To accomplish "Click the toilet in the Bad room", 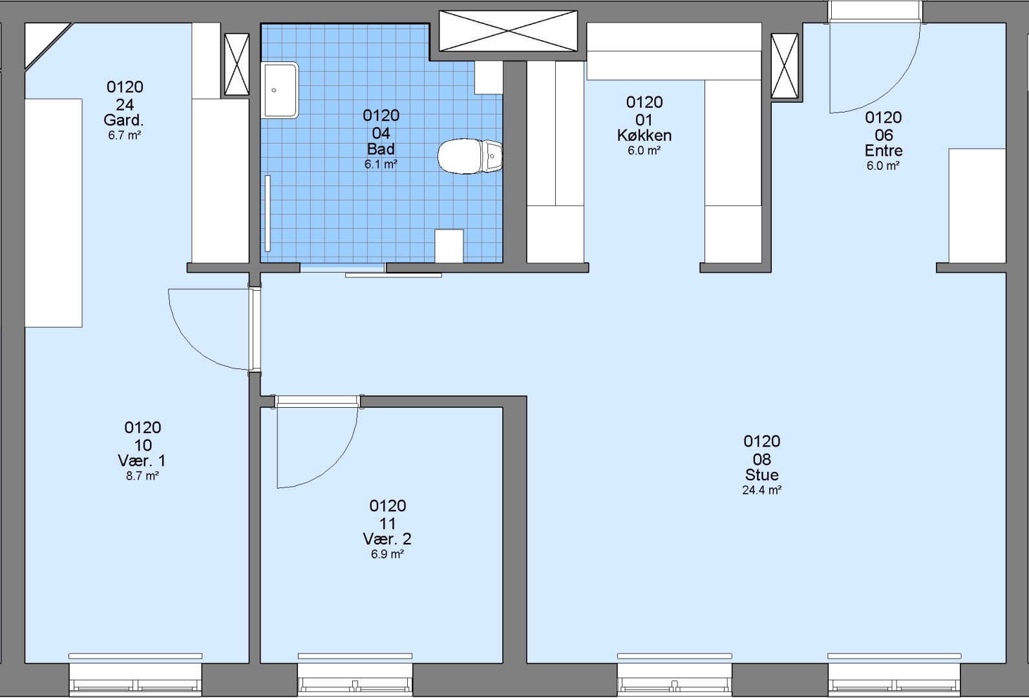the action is pyautogui.click(x=469, y=156).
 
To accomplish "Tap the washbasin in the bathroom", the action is pyautogui.click(x=280, y=90).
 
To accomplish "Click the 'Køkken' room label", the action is pyautogui.click(x=644, y=136).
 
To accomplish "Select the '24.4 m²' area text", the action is pyautogui.click(x=761, y=491).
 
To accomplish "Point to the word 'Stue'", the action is pyautogui.click(x=761, y=475).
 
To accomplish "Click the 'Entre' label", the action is pyautogui.click(x=884, y=151).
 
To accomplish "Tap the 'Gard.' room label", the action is pyautogui.click(x=123, y=120).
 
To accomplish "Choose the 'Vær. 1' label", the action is pyautogui.click(x=142, y=461).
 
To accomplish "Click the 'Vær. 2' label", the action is pyautogui.click(x=387, y=538).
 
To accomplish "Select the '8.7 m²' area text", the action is pyautogui.click(x=142, y=476).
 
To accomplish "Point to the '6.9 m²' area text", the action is pyautogui.click(x=387, y=555).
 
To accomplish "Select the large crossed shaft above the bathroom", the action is pyautogui.click(x=508, y=31).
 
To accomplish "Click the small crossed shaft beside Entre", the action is pyautogui.click(x=785, y=66).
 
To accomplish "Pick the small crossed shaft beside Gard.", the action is pyautogui.click(x=237, y=64).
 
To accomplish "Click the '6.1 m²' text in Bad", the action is pyautogui.click(x=381, y=164).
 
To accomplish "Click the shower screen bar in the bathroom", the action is pyautogui.click(x=268, y=213).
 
